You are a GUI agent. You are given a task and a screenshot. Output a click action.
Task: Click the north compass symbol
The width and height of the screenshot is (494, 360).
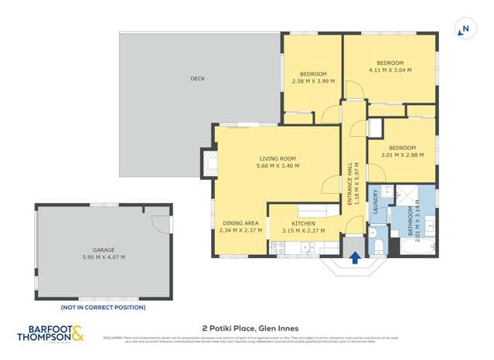pyautogui.click(x=464, y=29)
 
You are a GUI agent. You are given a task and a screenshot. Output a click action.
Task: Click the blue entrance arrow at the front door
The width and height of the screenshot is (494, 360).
pyautogui.click(x=355, y=258)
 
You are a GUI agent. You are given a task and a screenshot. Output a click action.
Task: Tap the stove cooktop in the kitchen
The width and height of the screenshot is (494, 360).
pyautogui.click(x=278, y=248)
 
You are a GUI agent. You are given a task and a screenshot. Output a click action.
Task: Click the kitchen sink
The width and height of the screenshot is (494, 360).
pyautogui.click(x=308, y=249)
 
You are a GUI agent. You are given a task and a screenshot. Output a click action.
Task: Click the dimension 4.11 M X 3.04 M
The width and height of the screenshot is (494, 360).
pyautogui.click(x=390, y=70)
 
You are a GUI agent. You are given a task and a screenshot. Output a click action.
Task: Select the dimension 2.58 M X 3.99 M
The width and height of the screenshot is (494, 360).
pyautogui.click(x=313, y=80)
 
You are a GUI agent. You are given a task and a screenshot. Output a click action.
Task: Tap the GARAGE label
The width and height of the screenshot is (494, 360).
pyautogui.click(x=104, y=250)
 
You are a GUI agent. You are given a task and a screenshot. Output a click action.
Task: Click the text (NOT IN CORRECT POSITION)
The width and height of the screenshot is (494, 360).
pyautogui.click(x=104, y=307)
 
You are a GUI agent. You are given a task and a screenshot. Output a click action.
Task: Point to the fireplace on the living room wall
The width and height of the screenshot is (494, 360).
pyautogui.click(x=208, y=163)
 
